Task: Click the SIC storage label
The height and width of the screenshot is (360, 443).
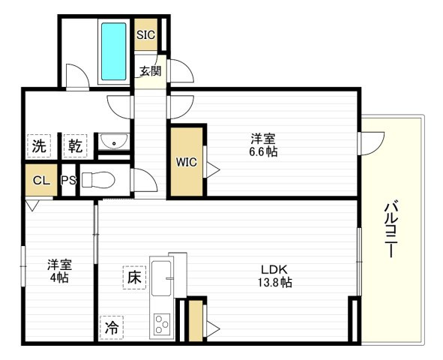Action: [145, 34]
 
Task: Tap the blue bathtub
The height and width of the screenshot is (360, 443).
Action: [114, 50]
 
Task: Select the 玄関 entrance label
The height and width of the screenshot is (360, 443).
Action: [150, 72]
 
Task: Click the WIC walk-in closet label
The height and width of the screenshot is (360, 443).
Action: [187, 162]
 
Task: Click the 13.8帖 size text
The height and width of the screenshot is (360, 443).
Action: [275, 283]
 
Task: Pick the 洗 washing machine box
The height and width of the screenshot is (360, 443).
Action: [40, 145]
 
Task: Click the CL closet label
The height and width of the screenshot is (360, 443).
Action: [40, 181]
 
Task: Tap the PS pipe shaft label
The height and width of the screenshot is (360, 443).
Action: [68, 181]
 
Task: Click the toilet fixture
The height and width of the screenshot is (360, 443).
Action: [96, 181]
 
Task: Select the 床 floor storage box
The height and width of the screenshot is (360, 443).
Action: [134, 277]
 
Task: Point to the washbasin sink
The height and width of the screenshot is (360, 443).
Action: [115, 142]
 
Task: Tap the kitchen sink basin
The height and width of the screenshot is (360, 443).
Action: [161, 277]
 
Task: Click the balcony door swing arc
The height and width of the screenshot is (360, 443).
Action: [371, 141]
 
